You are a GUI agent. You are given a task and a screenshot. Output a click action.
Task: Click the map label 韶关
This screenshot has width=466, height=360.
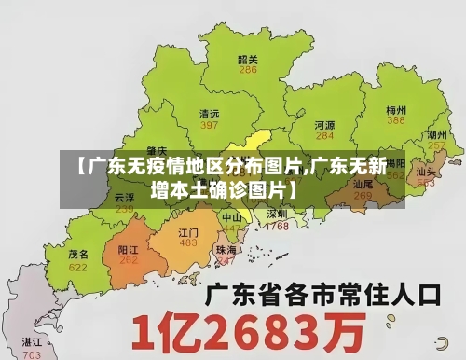(248, 59)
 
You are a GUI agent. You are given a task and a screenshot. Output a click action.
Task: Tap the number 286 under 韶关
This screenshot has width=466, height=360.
(248, 70)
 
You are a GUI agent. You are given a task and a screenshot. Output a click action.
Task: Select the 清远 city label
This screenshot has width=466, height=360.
(210, 114)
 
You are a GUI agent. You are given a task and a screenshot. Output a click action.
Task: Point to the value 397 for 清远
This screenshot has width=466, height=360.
(210, 125)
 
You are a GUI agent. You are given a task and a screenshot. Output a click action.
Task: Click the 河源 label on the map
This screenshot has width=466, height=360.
(324, 124)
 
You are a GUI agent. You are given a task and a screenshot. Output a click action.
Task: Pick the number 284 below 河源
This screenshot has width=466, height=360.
(324, 135)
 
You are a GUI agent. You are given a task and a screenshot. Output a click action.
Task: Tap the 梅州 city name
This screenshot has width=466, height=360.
(397, 109)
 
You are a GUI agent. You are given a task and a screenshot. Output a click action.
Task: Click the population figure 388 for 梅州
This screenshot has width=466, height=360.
(397, 120)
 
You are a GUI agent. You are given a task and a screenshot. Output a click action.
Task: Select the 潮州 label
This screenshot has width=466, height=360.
(436, 135)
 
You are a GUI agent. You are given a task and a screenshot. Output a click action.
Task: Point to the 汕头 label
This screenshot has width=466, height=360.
(427, 172)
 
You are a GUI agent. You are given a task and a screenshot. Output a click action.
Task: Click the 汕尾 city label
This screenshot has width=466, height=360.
(363, 186)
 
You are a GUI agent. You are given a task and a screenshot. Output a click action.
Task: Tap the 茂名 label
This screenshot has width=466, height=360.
(78, 254)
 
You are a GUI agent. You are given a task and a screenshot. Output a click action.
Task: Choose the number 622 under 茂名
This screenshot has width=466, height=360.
(78, 267)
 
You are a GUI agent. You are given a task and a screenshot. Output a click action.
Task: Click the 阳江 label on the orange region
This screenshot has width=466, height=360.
(129, 250)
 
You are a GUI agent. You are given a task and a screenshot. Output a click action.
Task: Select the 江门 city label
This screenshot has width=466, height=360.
(189, 232)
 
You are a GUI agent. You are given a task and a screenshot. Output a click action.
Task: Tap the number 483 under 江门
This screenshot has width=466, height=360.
(189, 243)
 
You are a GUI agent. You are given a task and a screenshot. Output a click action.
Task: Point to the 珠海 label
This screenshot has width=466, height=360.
(226, 250)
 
